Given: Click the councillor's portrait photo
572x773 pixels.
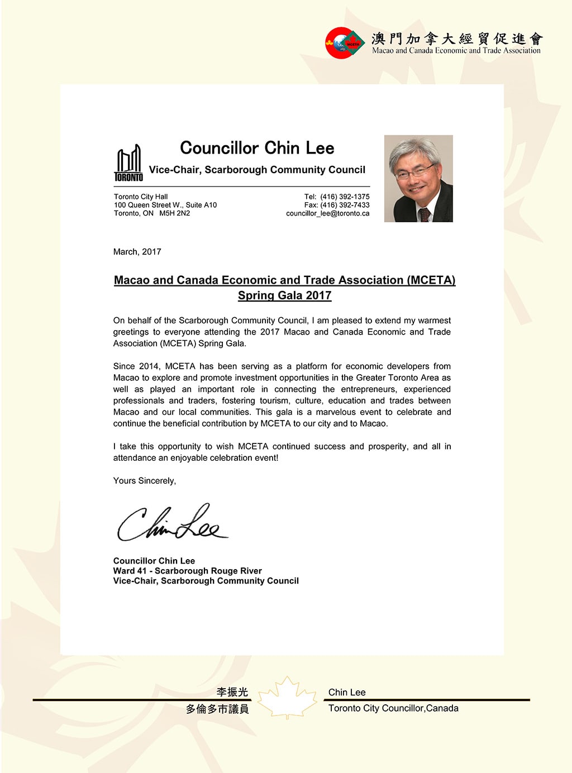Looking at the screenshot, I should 418,179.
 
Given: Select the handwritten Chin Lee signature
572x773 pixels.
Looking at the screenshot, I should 171,523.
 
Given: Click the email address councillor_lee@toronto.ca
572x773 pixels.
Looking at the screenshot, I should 327,213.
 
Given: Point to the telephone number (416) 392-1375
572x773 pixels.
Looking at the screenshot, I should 345,197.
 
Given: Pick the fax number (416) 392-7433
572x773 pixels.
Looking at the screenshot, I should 345,205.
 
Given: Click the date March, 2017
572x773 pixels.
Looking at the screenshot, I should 137,252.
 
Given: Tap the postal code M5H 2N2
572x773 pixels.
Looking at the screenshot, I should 174,213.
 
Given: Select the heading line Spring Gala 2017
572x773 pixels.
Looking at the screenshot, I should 284,295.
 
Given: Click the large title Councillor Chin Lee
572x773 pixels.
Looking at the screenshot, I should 257,148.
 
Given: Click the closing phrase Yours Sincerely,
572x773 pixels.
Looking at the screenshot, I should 144,481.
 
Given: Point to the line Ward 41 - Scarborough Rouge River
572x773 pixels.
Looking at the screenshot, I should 187,571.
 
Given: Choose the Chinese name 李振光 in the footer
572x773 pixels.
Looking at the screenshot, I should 232,692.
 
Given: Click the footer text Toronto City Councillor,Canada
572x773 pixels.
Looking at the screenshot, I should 393,708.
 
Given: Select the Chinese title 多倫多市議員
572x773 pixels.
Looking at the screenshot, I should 217,709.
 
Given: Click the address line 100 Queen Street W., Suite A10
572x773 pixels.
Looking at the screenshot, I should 165,205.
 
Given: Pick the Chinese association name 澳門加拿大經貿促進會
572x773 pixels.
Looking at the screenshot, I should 457,39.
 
